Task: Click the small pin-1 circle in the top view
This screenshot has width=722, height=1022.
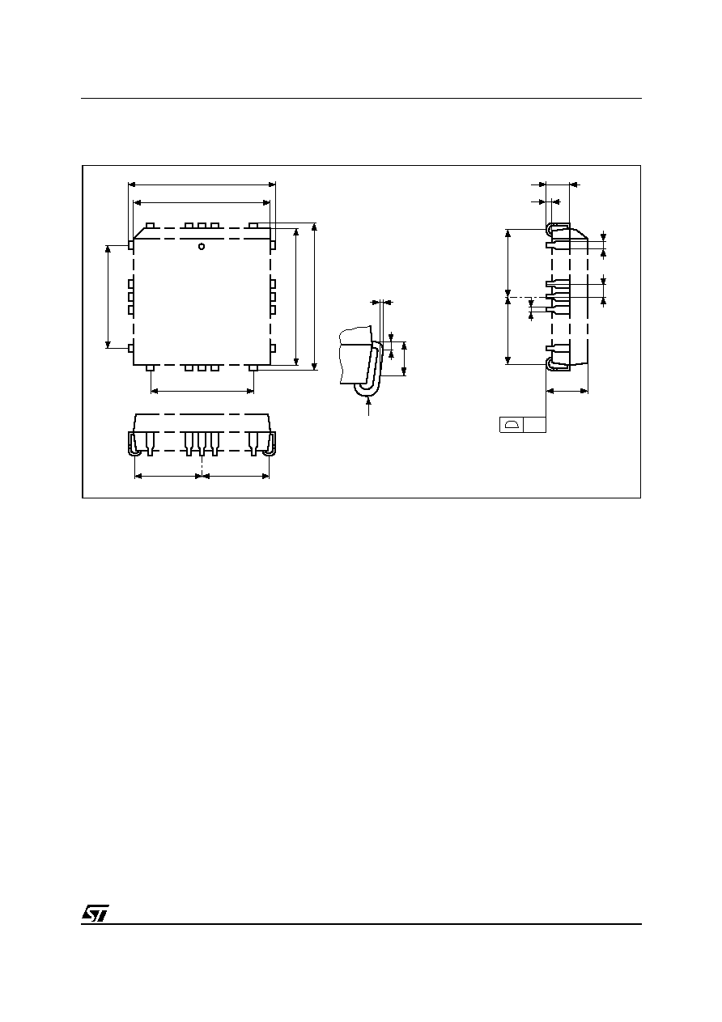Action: tap(202, 246)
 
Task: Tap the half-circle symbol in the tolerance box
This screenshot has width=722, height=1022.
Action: tap(512, 425)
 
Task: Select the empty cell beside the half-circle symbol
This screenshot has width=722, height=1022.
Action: tap(534, 425)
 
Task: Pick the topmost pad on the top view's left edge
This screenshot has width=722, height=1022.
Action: tap(130, 245)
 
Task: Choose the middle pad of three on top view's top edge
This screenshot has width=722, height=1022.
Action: tap(202, 226)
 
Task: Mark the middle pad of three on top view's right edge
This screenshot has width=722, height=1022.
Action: tap(273, 297)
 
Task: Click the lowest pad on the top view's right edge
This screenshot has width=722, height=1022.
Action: tap(273, 349)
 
